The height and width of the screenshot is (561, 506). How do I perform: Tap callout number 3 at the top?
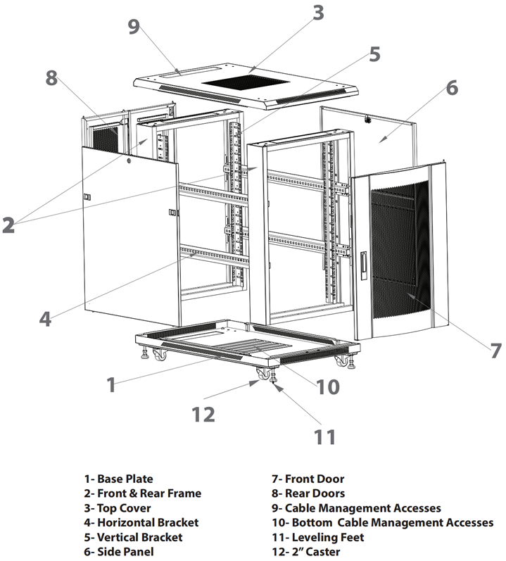pyautogui.click(x=318, y=13)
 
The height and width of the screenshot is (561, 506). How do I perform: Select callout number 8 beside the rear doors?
pyautogui.click(x=51, y=78)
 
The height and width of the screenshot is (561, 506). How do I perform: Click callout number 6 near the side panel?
pyautogui.click(x=451, y=89)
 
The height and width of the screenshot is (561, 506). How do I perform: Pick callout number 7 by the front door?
pyautogui.click(x=495, y=350)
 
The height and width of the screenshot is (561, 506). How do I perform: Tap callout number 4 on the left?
pyautogui.click(x=45, y=318)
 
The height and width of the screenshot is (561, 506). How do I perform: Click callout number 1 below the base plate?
pyautogui.click(x=110, y=384)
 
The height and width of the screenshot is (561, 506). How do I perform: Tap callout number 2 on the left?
pyautogui.click(x=8, y=225)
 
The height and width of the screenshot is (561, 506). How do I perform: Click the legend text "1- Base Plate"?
pyautogui.click(x=118, y=479)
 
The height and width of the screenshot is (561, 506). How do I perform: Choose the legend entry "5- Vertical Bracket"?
pyautogui.click(x=132, y=537)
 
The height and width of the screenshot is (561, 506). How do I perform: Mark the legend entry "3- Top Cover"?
pyautogui.click(x=117, y=508)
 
